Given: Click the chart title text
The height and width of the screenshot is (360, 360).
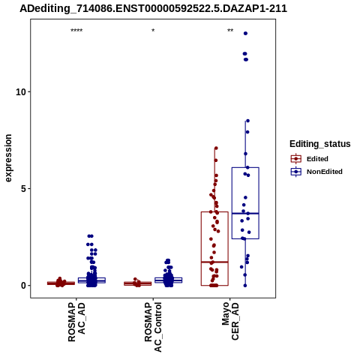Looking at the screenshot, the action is (153, 9).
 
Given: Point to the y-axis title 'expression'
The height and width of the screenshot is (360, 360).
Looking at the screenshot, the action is (8, 158).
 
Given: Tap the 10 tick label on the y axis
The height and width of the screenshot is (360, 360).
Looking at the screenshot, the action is (21, 92).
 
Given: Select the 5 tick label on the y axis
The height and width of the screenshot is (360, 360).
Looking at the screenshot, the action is (23, 189).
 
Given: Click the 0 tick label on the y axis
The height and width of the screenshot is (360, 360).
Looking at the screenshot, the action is (23, 286).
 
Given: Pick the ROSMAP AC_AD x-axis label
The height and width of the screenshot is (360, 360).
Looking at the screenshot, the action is (76, 322).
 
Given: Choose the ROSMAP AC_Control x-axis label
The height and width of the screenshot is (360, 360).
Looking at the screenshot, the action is (153, 327).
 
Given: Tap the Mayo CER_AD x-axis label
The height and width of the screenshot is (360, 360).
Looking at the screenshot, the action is (230, 321).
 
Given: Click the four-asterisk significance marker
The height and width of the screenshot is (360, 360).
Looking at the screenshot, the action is (76, 31).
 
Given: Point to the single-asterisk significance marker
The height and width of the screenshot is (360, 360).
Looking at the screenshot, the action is (153, 31).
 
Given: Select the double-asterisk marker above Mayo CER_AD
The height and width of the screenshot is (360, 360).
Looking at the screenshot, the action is (230, 31).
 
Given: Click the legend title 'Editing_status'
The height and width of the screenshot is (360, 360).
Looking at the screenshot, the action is (320, 144).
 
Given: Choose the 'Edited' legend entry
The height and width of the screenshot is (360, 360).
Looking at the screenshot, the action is (310, 159).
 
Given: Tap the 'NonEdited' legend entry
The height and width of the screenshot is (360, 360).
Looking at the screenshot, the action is (316, 172).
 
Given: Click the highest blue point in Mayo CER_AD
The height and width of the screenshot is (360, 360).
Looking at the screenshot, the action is (245, 34).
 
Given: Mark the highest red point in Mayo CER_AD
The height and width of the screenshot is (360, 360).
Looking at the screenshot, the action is (216, 148).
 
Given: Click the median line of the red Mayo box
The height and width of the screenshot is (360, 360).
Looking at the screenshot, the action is (214, 262).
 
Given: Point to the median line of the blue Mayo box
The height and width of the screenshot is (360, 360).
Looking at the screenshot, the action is (245, 213).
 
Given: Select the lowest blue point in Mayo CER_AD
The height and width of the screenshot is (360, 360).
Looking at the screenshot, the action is (245, 286).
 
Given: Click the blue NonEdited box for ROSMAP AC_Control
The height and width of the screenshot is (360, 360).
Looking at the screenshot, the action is (169, 280).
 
